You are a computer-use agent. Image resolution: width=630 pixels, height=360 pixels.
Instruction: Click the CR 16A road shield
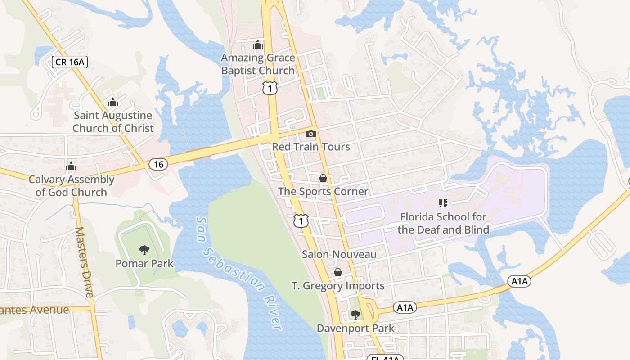(x=69, y=62)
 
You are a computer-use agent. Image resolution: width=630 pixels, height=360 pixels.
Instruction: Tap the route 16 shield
(x=158, y=164)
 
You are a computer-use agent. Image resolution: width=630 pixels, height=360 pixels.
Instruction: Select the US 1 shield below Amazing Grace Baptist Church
(x=270, y=88)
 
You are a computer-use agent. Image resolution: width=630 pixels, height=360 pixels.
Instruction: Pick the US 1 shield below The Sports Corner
(x=301, y=220)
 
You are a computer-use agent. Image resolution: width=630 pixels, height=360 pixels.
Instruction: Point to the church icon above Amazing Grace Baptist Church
(x=258, y=45)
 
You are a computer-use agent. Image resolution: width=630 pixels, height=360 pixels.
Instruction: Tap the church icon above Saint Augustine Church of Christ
(x=113, y=102)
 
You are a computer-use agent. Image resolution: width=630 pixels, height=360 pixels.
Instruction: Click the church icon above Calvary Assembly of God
(x=71, y=166)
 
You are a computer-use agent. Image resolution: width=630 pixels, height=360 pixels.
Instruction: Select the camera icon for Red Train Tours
(x=310, y=134)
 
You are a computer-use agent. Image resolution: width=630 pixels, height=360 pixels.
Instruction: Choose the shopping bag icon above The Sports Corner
(x=323, y=178)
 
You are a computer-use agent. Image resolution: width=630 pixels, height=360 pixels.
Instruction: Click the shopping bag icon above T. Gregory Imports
(x=338, y=272)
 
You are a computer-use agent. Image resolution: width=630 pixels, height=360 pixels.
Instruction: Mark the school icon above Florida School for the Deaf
(x=443, y=203)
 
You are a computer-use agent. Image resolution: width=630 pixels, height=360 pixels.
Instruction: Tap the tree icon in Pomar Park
(x=144, y=250)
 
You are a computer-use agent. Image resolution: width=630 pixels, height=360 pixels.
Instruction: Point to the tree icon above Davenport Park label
(x=355, y=315)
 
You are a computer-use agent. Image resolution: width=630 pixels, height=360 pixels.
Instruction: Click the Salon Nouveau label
(x=339, y=254)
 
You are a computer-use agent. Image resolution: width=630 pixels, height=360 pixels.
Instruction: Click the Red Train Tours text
(x=310, y=147)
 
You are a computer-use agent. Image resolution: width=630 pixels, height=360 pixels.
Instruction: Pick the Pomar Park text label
(x=144, y=263)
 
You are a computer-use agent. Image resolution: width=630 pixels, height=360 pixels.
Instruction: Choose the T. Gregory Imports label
(x=338, y=286)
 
